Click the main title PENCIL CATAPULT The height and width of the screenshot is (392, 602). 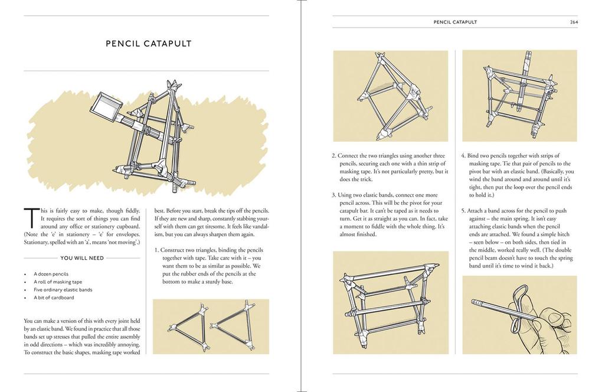[148, 43]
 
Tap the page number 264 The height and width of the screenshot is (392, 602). [573, 22]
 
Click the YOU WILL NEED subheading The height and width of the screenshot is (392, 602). [82, 258]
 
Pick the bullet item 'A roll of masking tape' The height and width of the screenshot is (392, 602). [58, 282]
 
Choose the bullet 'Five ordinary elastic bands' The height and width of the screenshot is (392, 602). [63, 290]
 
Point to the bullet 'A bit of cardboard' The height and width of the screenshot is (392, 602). [54, 298]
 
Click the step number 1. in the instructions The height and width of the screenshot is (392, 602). [157, 250]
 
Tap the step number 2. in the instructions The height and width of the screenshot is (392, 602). [335, 156]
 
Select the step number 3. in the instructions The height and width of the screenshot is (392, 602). [335, 195]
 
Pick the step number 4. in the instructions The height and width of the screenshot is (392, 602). [464, 156]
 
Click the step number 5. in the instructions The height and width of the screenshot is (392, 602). [464, 211]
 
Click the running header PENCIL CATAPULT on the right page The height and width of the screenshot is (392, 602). [455, 22]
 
